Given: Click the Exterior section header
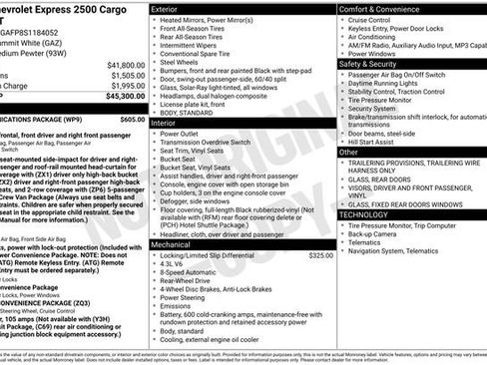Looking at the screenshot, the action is click(x=167, y=8).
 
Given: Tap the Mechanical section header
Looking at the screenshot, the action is click(x=172, y=243).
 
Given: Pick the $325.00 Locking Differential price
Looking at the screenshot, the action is click(x=320, y=255).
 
